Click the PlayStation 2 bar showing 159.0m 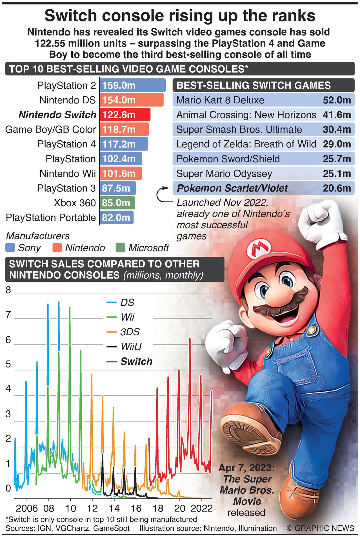pos(132,85)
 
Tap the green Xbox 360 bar pos(117,203)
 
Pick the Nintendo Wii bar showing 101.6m pos(120,174)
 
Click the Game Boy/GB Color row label pos(51,130)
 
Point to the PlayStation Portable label pos(51,218)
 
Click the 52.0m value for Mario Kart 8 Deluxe pos(337,100)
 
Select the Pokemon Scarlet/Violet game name pos(232,188)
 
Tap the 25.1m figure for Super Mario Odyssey pos(337,174)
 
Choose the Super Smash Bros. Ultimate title pos(239,130)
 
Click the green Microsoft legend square pos(121,248)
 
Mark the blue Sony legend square pos(10,248)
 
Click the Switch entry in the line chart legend pos(136,362)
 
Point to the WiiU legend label pos(131,347)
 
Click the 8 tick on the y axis pos(8,290)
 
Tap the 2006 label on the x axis pos(27,508)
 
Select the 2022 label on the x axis pos(202,508)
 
